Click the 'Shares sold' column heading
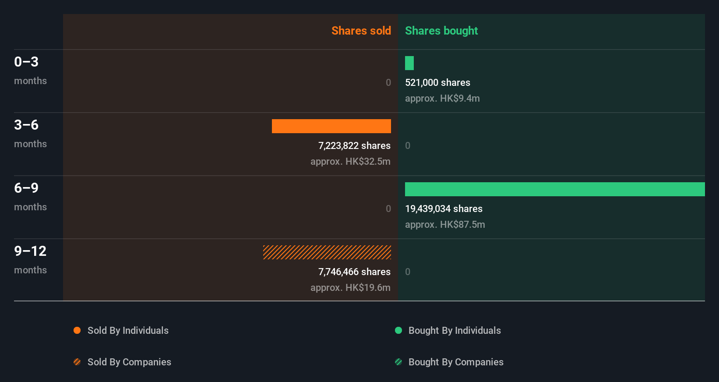[361, 31]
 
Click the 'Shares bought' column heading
[441, 31]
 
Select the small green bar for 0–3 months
[409, 63]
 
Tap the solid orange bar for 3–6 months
[331, 126]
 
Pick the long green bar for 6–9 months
[554, 189]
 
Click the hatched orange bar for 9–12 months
[327, 252]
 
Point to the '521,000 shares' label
[437, 83]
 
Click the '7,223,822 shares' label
[354, 146]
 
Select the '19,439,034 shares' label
[444, 209]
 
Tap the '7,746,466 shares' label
[354, 272]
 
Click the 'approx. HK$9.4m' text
[442, 99]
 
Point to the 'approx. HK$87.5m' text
[445, 225]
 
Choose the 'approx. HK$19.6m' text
[350, 288]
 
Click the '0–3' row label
[26, 62]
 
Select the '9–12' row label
[30, 251]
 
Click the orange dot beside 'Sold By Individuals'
[77, 330]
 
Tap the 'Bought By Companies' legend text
[456, 362]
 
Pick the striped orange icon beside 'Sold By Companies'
[77, 362]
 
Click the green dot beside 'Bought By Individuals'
[398, 330]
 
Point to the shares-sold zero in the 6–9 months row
[388, 209]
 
